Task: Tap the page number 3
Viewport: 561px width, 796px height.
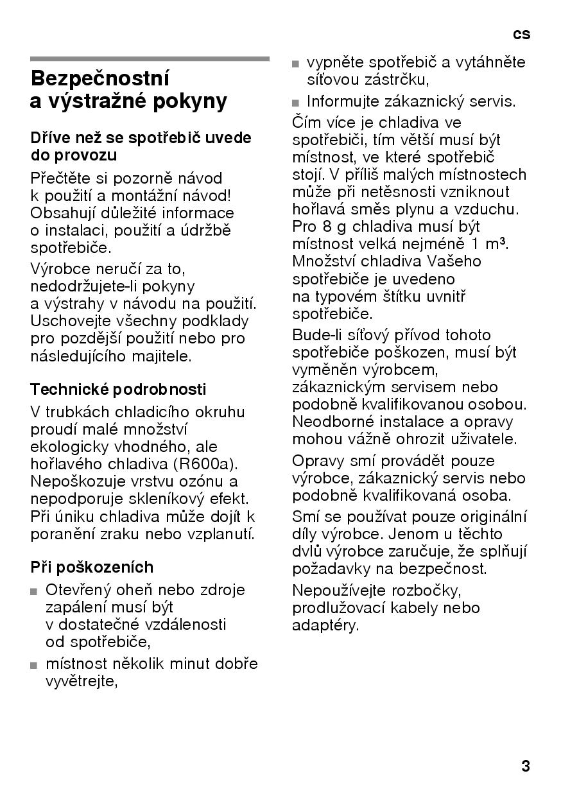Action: pyautogui.click(x=526, y=766)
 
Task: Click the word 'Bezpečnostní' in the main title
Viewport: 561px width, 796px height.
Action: pyautogui.click(x=100, y=79)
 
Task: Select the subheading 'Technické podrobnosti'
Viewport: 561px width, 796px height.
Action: pyautogui.click(x=119, y=390)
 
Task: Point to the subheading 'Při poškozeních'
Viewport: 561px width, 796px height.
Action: pyautogui.click(x=92, y=567)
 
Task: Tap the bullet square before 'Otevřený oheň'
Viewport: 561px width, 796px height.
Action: pyautogui.click(x=34, y=591)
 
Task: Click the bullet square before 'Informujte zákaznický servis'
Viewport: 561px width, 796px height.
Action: pyautogui.click(x=296, y=103)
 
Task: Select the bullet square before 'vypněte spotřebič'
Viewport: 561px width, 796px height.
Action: pyautogui.click(x=296, y=64)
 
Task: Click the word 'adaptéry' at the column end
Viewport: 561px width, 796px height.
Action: pyautogui.click(x=325, y=625)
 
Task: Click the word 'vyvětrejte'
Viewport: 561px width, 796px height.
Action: pyautogui.click(x=81, y=681)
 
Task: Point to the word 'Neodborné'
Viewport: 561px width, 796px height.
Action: pyautogui.click(x=327, y=422)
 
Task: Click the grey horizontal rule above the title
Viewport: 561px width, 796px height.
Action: pyautogui.click(x=150, y=58)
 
